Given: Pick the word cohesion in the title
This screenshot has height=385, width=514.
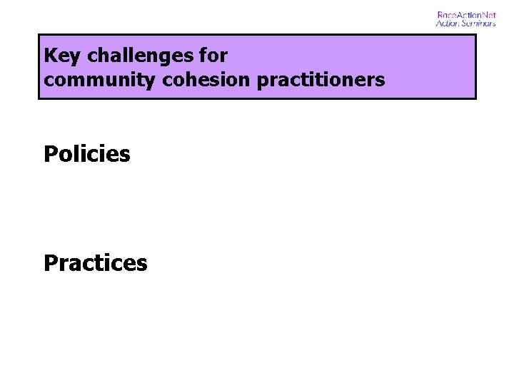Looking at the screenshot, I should click(x=207, y=80).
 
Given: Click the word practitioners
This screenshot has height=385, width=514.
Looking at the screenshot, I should click(x=321, y=80).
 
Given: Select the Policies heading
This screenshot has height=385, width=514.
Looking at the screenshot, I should click(x=87, y=154).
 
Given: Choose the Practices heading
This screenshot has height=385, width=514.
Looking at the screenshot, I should click(x=96, y=263).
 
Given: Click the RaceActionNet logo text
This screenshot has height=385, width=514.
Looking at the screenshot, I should click(x=466, y=15).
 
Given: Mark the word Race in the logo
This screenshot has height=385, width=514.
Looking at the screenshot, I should click(x=447, y=15).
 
